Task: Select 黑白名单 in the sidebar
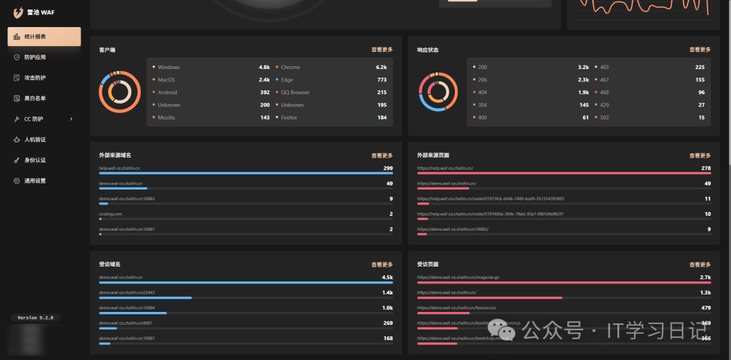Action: click(35, 98)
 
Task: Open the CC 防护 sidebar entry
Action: click(34, 119)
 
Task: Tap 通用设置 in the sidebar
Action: click(35, 181)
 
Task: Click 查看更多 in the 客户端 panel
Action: click(382, 49)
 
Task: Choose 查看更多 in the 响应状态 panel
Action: click(700, 49)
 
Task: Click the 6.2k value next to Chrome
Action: click(381, 67)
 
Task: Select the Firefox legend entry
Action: click(289, 118)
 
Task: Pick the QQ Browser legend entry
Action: click(295, 93)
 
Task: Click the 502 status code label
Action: click(604, 118)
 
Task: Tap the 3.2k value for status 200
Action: click(583, 67)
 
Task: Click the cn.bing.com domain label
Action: click(110, 214)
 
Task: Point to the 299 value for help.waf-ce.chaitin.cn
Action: click(388, 168)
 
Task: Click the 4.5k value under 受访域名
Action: click(387, 277)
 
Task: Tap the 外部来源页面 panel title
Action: click(433, 156)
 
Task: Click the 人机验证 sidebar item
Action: click(35, 139)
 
